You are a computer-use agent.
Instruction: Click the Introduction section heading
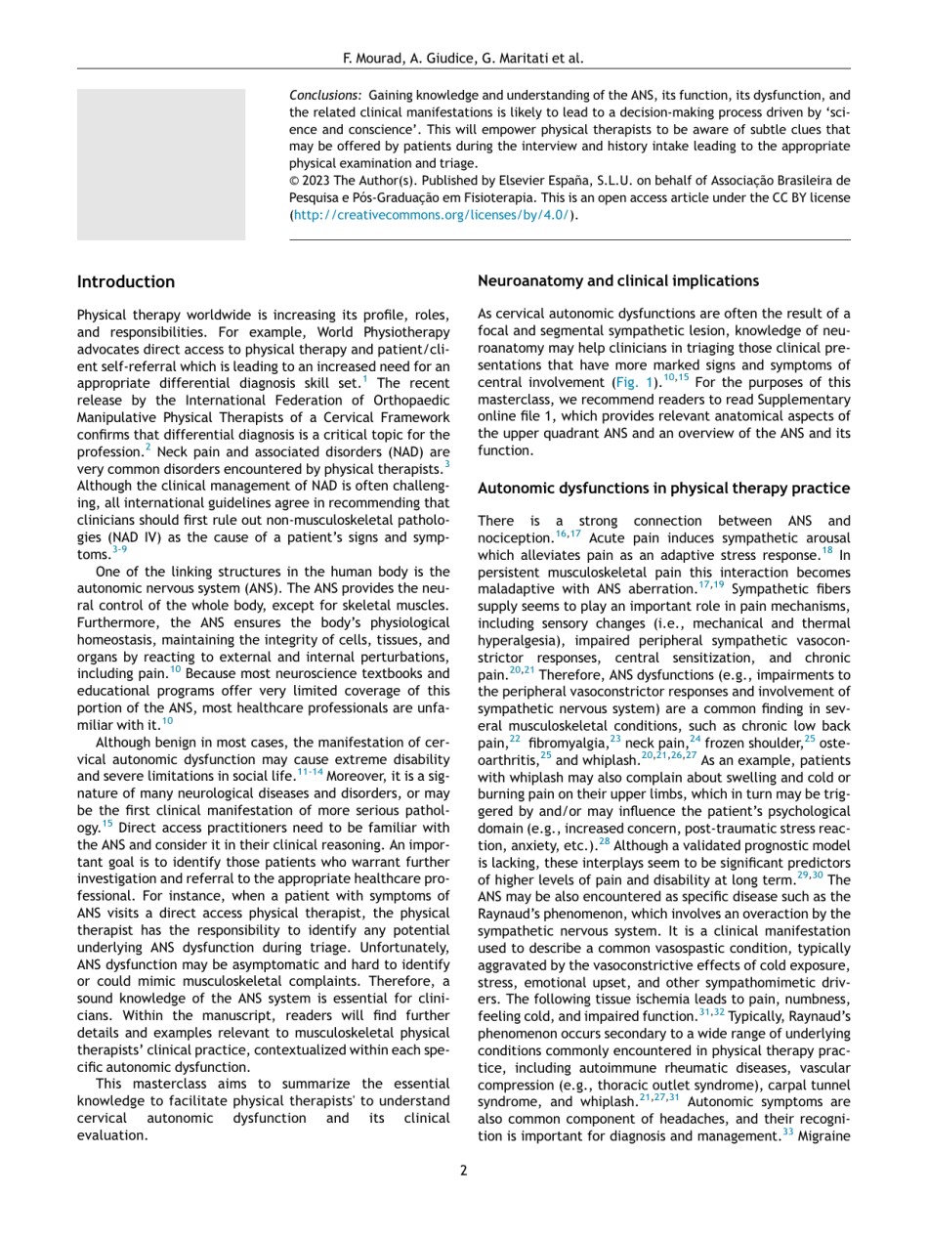click(126, 282)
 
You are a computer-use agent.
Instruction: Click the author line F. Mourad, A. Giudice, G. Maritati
click(463, 58)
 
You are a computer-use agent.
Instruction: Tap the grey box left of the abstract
click(161, 164)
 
